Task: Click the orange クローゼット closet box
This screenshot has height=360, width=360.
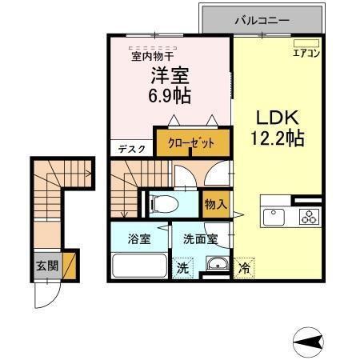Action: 192,144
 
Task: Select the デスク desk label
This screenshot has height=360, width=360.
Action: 131,149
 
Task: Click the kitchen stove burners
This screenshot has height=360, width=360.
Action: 308,216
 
